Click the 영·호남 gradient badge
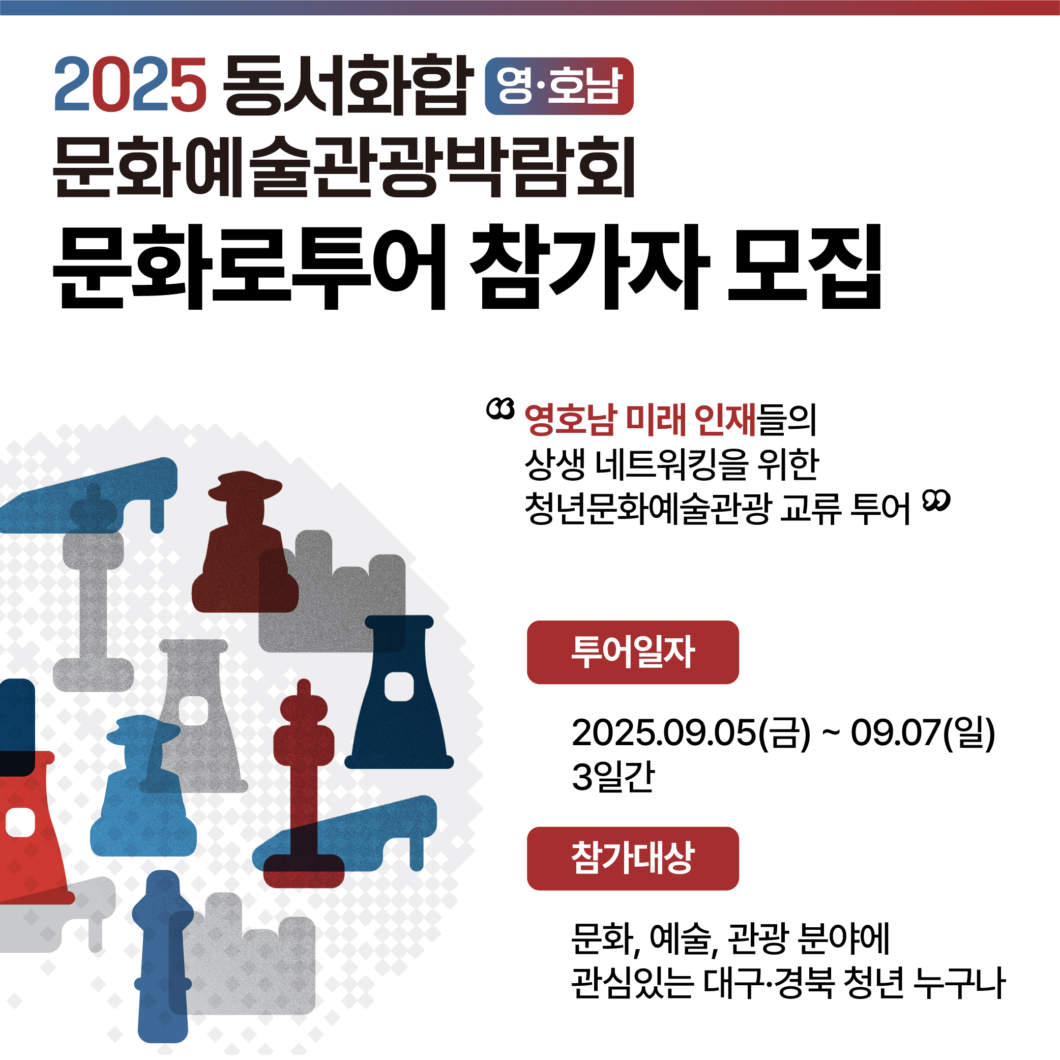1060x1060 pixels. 559,86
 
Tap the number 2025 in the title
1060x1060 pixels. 131,85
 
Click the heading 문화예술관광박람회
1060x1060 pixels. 344,166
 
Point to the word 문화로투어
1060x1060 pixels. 249,266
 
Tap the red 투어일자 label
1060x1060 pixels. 633,653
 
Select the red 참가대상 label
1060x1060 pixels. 633,859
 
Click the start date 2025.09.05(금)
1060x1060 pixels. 691,733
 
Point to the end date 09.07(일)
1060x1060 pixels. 923,733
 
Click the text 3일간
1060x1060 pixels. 613,777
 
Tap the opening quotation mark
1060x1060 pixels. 500,408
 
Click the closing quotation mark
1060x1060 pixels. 936,500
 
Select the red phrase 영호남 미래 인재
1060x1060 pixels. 640,420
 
